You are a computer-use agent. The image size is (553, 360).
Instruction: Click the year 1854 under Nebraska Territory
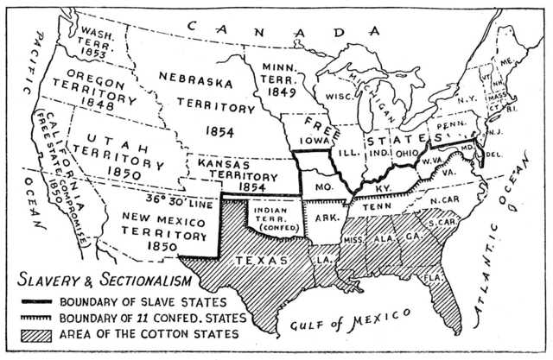(215, 129)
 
